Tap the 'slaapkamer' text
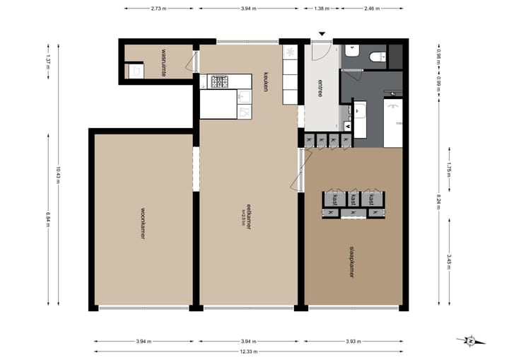click(351, 261)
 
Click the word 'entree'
click(320, 90)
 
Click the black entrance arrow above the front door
click(322, 33)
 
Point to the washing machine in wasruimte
click(134, 70)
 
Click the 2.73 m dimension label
click(159, 8)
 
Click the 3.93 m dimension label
click(351, 341)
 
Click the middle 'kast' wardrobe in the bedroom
click(351, 199)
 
